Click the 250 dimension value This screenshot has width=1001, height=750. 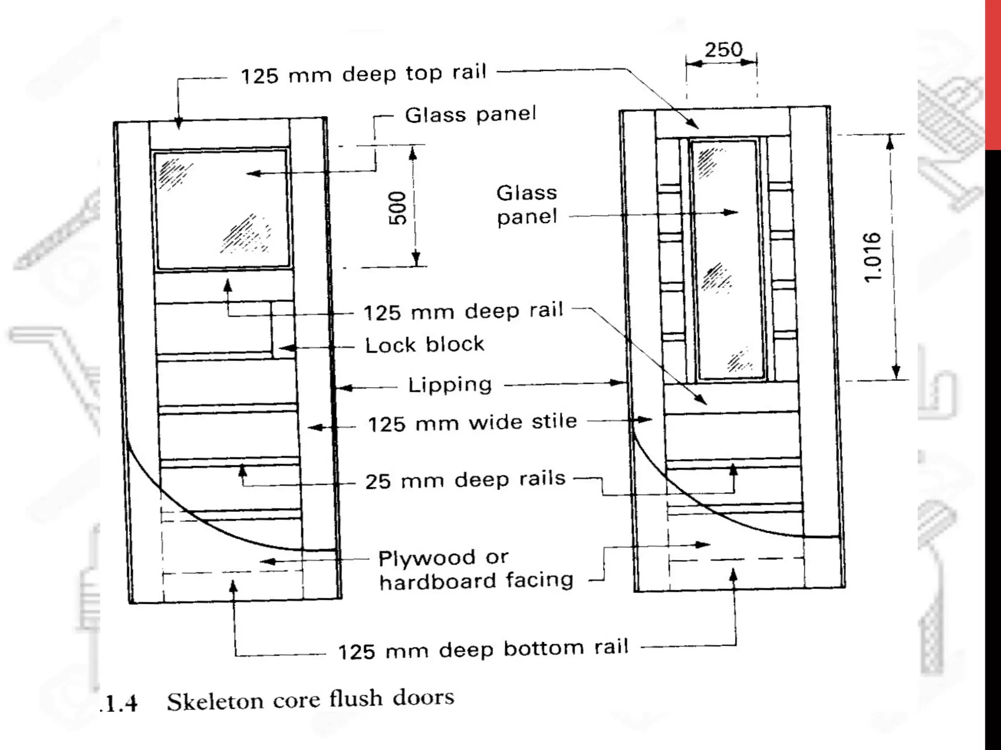pos(723,49)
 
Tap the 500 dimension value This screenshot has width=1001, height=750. pos(399,208)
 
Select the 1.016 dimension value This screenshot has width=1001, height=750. pos(873,257)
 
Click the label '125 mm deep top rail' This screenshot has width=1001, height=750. pos(364,74)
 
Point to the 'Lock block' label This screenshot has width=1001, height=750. pos(424,345)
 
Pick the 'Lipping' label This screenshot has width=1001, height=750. pos(450,385)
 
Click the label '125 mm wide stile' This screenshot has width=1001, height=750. pos(472,423)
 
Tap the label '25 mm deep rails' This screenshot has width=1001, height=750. pos(465,480)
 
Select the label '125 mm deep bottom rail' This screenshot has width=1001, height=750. pos(483,650)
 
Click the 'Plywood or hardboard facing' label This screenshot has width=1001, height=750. pos(476,569)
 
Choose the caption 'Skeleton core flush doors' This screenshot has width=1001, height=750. pos(310,700)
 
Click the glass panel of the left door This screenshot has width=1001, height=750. pos(223,209)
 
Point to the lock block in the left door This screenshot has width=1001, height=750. pos(283,330)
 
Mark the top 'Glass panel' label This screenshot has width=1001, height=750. pos(470,115)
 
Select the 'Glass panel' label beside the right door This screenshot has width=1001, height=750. pos(526,205)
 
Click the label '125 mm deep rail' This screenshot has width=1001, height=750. pos(463,312)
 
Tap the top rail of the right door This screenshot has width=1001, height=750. pos(722,124)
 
